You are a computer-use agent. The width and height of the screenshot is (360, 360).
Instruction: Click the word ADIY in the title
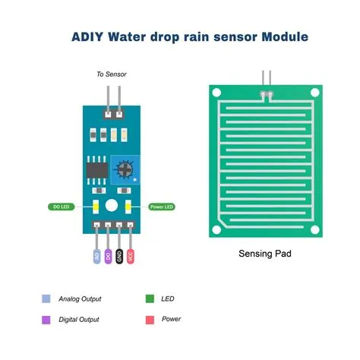tap(89, 36)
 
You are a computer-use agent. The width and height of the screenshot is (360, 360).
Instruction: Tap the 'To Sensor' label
tap(111, 74)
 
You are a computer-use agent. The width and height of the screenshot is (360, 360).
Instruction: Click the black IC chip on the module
tap(96, 167)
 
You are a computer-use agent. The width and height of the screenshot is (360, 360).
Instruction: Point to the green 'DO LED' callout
tap(61, 207)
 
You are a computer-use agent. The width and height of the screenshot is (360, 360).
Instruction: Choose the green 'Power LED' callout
tap(160, 207)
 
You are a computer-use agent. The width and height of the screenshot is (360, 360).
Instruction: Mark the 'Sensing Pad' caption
tap(264, 254)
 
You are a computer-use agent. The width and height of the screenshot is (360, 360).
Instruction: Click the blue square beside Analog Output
tap(46, 298)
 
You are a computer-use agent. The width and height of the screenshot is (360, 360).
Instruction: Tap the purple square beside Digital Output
tap(46, 319)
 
